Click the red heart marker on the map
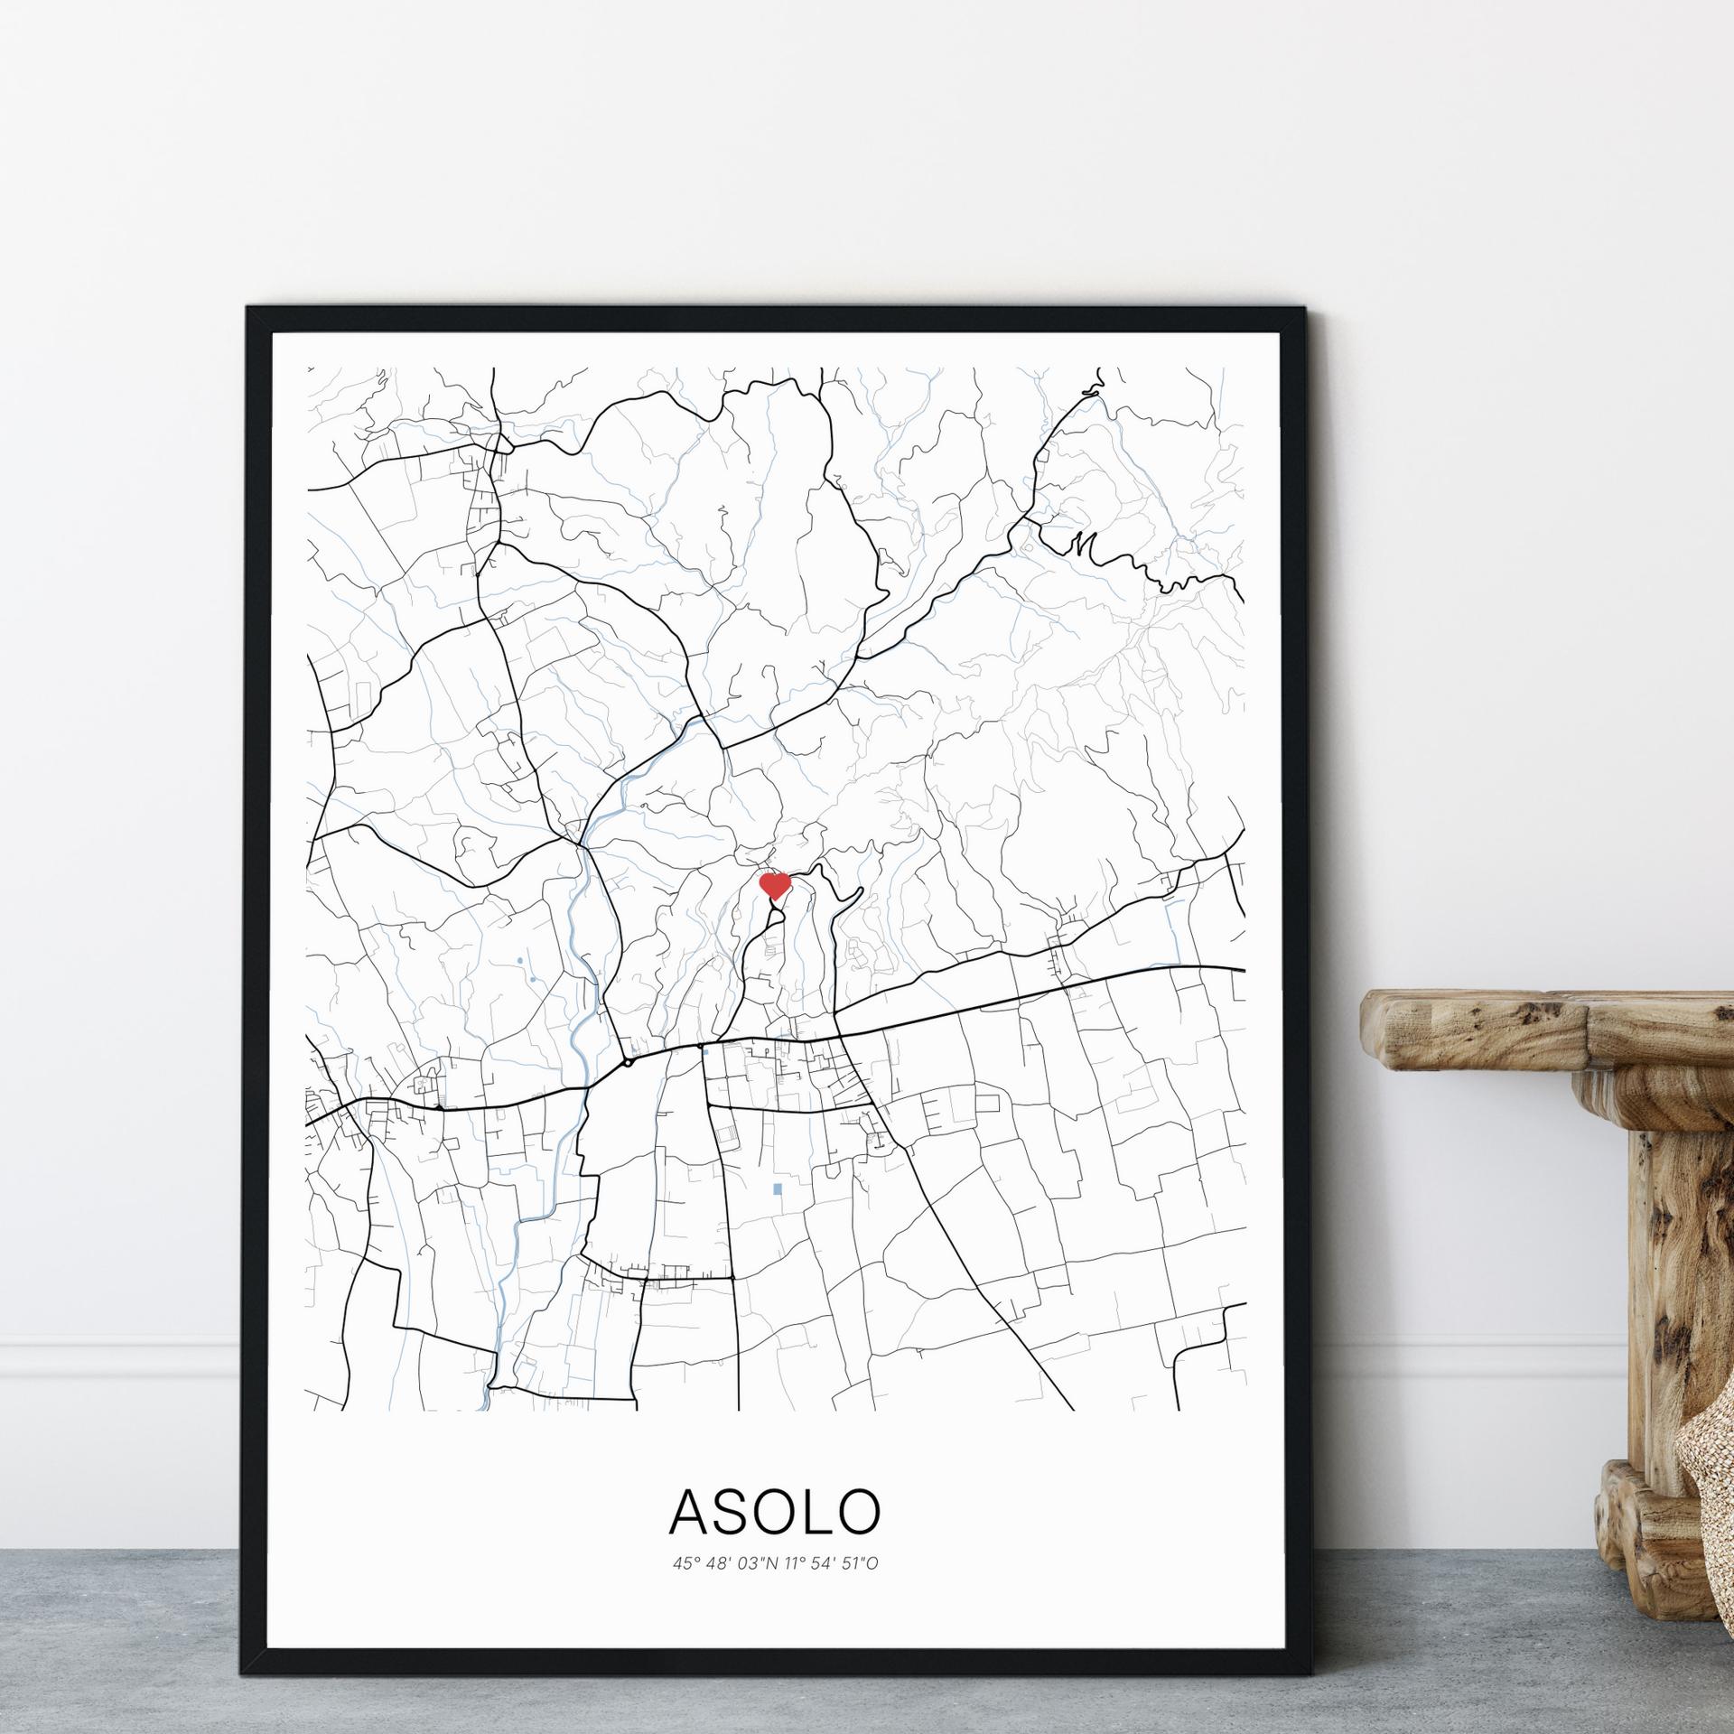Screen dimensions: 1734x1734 point(775,885)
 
